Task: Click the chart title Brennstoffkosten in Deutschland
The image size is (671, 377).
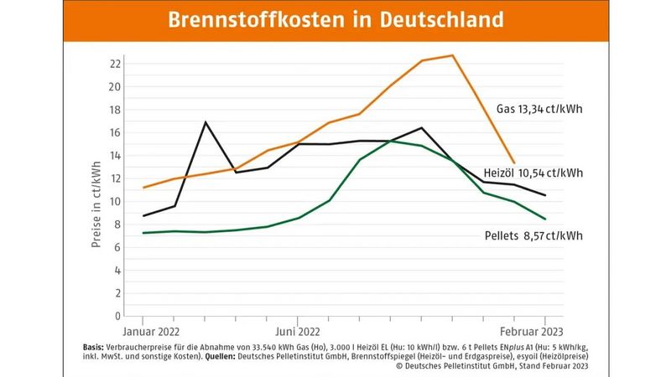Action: pyautogui.click(x=335, y=20)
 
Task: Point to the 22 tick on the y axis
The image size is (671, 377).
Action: pyautogui.click(x=116, y=64)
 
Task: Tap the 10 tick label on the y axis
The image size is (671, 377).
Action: pyautogui.click(x=116, y=202)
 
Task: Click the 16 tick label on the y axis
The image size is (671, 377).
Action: pyautogui.click(x=116, y=132)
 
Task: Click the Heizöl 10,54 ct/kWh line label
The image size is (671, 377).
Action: pyautogui.click(x=533, y=173)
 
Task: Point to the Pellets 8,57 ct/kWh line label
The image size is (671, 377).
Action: pyautogui.click(x=533, y=235)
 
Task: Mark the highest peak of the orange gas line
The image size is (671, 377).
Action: pyautogui.click(x=452, y=55)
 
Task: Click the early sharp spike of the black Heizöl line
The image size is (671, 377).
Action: pyautogui.click(x=205, y=122)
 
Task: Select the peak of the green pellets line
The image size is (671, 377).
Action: pyautogui.click(x=390, y=141)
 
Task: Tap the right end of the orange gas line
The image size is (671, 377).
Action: pyautogui.click(x=514, y=163)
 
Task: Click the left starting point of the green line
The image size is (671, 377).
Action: pyautogui.click(x=144, y=233)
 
